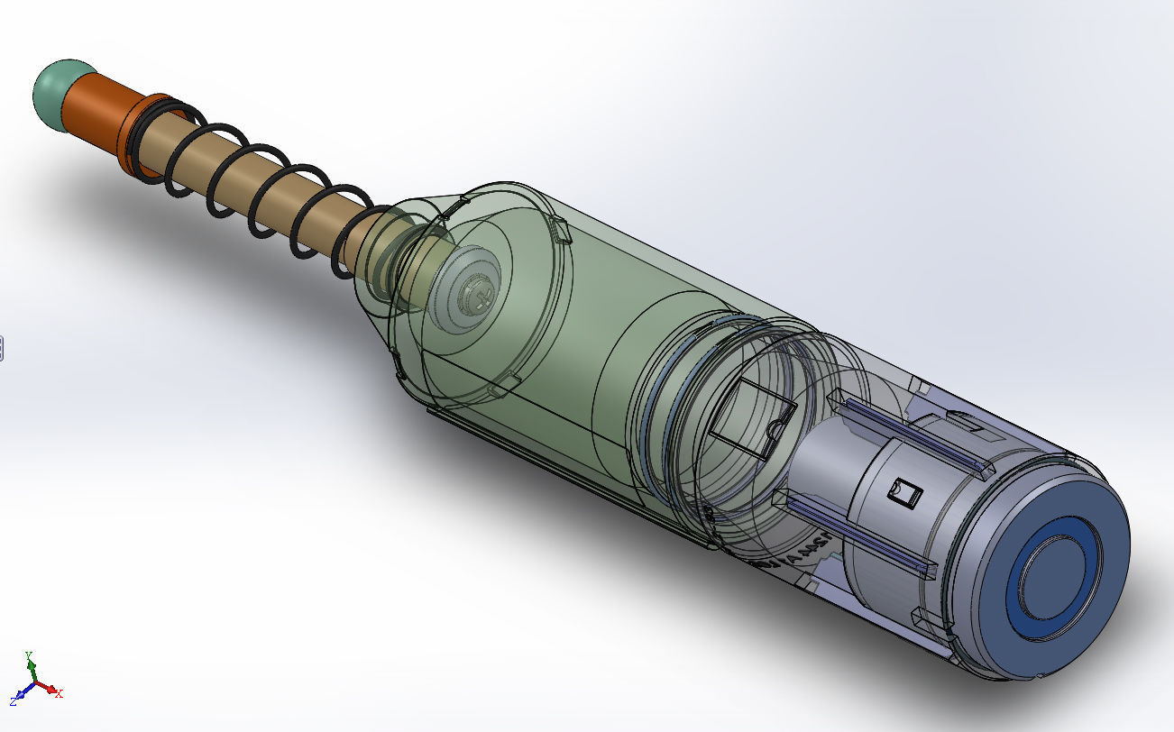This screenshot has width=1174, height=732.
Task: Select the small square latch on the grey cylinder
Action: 903,492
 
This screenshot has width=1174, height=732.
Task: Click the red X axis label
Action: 59,693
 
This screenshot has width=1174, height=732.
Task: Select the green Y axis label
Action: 29,655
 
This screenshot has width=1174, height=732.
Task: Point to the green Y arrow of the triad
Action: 32,671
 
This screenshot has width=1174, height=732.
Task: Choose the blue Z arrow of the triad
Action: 23,694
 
